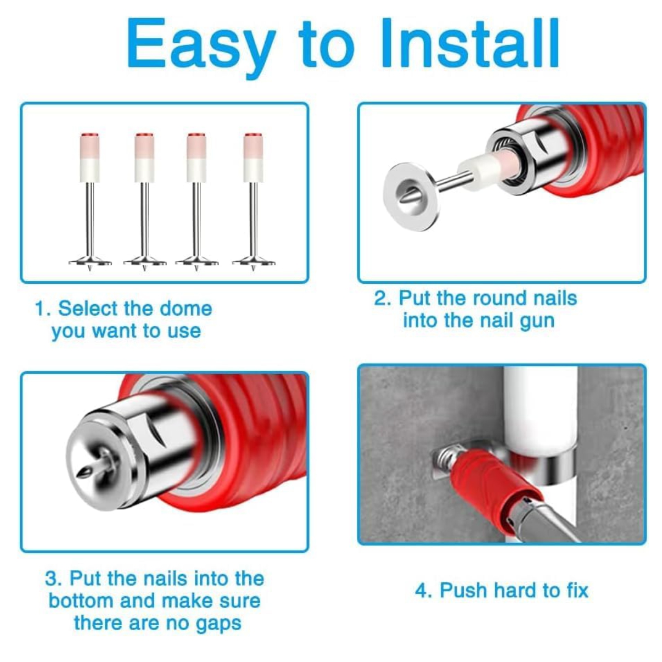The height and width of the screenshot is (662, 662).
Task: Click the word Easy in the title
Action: coord(201,46)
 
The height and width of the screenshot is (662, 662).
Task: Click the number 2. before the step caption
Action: coord(383,298)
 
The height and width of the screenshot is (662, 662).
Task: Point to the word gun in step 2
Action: coord(537,322)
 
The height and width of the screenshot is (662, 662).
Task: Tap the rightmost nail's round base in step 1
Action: coord(253,262)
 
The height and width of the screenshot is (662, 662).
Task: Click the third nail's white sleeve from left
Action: coord(196,170)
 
